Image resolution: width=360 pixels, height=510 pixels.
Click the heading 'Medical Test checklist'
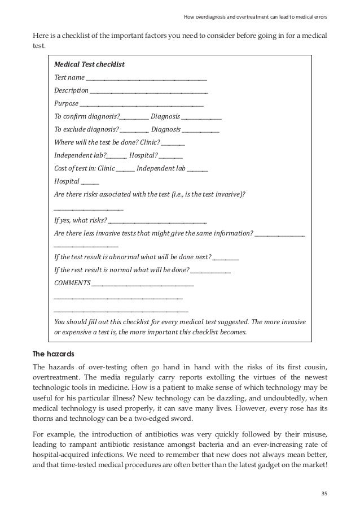click(x=89, y=64)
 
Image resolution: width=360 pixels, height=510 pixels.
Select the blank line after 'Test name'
click(x=146, y=78)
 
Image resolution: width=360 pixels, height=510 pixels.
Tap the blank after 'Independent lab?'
click(x=116, y=156)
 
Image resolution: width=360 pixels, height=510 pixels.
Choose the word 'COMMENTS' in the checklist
click(x=72, y=282)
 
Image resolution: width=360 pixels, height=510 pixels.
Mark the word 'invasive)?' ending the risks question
click(x=231, y=194)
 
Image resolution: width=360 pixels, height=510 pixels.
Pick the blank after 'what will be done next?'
click(x=226, y=258)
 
